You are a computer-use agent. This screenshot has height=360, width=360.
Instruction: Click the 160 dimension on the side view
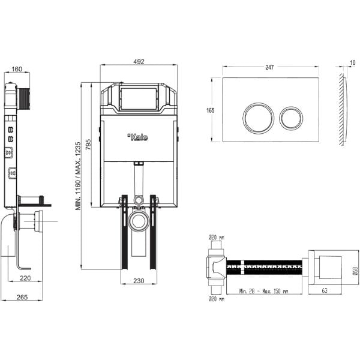17,69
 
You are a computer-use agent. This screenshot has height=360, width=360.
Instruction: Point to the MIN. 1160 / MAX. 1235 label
78,175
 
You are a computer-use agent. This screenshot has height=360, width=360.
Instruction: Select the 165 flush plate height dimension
211,110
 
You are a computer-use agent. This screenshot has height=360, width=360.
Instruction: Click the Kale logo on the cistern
138,137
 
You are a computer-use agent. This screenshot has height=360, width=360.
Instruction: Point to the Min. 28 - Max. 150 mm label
262,292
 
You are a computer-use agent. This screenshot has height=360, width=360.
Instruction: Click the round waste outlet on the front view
139,221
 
